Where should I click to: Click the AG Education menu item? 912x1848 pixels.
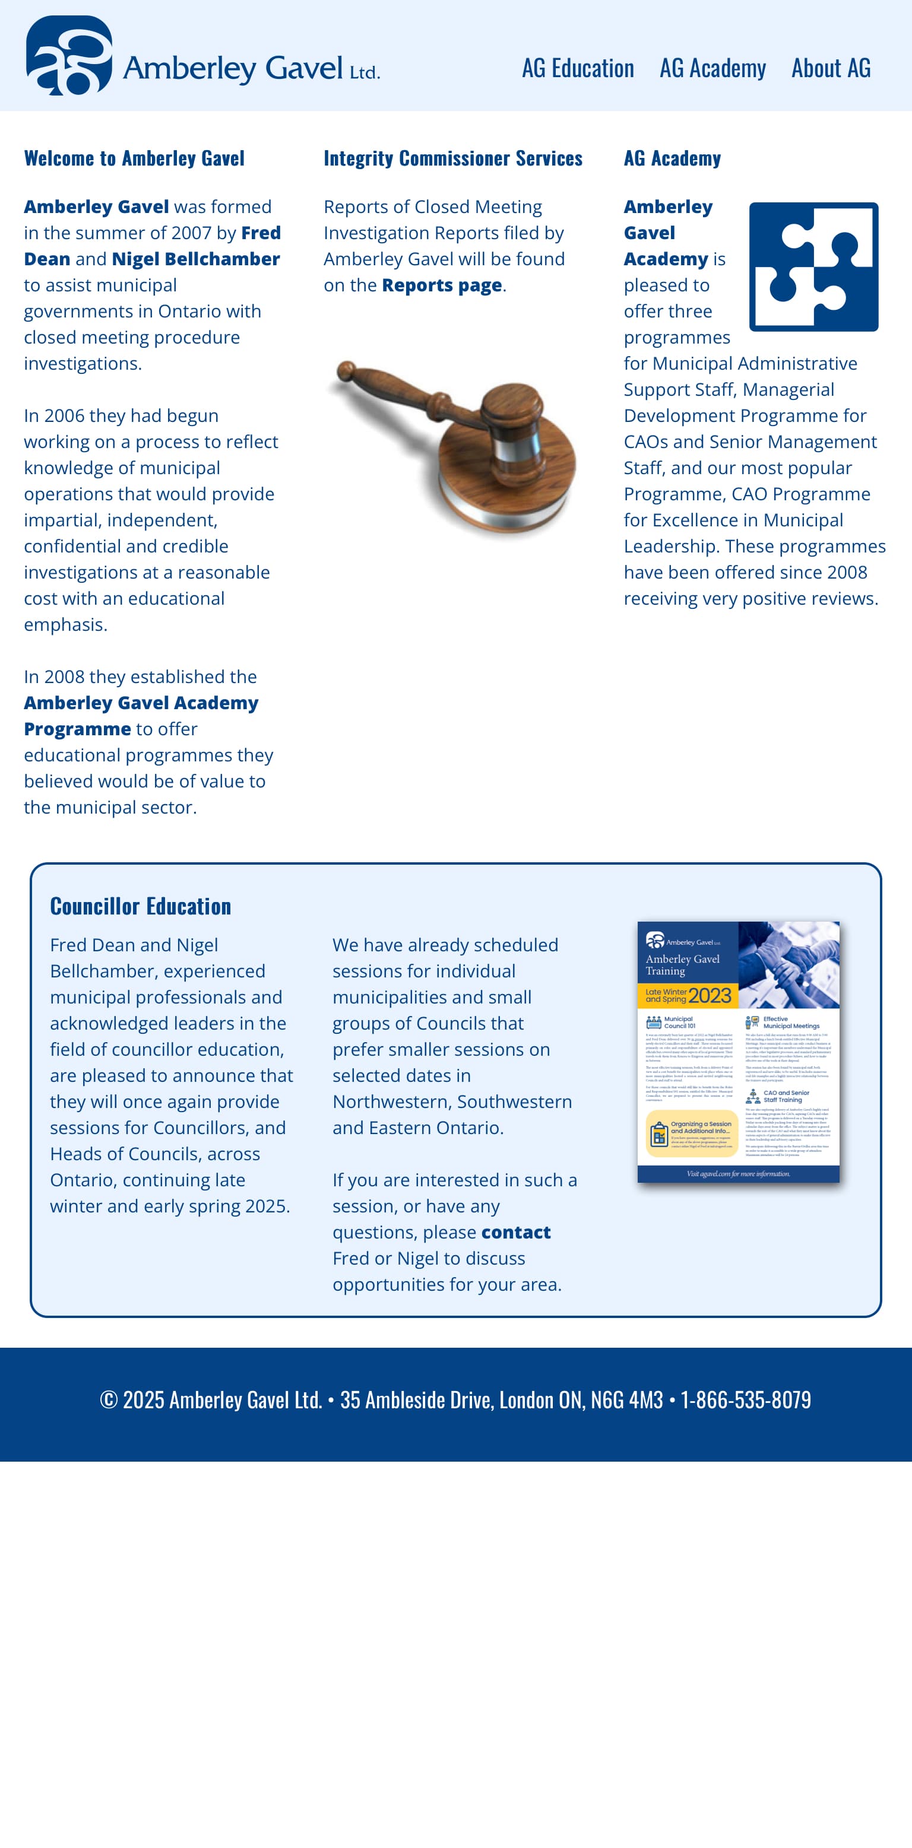pos(578,69)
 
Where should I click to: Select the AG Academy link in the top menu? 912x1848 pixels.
pos(712,69)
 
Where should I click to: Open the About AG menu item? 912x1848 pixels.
pos(831,69)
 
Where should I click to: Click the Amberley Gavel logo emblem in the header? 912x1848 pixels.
pos(69,55)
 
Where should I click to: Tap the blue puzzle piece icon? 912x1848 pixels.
pos(813,267)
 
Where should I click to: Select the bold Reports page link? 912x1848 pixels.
pos(441,285)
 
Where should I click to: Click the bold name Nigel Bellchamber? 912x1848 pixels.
pos(195,259)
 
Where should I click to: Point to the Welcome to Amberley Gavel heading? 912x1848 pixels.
pos(134,158)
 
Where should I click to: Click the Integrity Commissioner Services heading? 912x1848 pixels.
pos(453,158)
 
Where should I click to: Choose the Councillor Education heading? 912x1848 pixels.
pos(141,906)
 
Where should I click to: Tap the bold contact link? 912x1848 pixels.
pos(516,1233)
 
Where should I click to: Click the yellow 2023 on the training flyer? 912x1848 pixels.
pos(709,996)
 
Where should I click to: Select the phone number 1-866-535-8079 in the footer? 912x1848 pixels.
pos(746,1399)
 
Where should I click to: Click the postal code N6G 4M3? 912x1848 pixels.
pos(626,1399)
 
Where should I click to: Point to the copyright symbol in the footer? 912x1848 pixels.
pos(108,1399)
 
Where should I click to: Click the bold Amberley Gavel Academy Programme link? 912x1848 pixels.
pos(141,716)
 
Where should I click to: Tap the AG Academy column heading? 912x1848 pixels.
pos(672,158)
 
